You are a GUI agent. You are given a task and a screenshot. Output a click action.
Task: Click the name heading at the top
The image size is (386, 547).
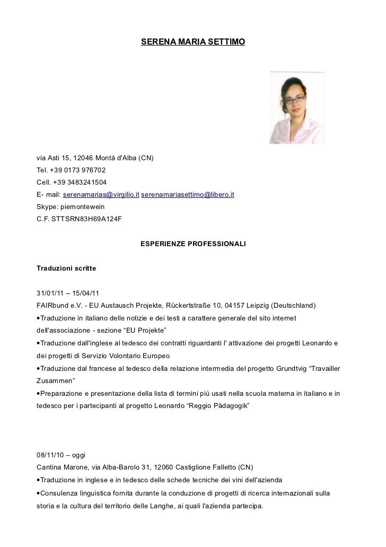(192, 41)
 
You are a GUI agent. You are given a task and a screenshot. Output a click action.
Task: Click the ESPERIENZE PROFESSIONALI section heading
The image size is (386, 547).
(192, 245)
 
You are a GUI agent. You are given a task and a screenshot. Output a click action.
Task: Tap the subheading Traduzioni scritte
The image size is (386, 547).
(66, 269)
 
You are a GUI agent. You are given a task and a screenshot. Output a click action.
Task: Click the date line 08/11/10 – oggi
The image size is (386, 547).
(60, 455)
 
